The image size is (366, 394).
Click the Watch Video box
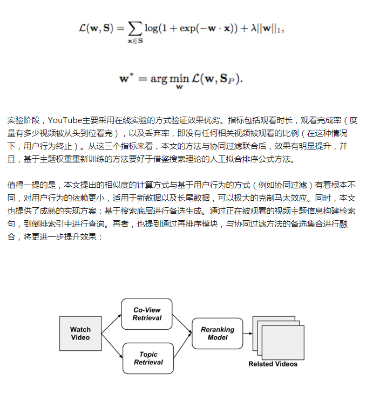click(80, 333)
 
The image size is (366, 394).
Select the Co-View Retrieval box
click(147, 314)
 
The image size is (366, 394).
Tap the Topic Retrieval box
click(148, 358)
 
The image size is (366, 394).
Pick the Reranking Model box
click(218, 333)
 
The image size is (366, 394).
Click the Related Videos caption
click(273, 364)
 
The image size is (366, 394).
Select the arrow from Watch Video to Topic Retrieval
click(112, 346)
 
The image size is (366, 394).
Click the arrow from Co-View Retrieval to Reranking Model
click(182, 322)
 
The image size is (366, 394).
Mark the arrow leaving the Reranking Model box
click(249, 333)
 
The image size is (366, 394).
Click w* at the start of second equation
click(125, 78)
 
